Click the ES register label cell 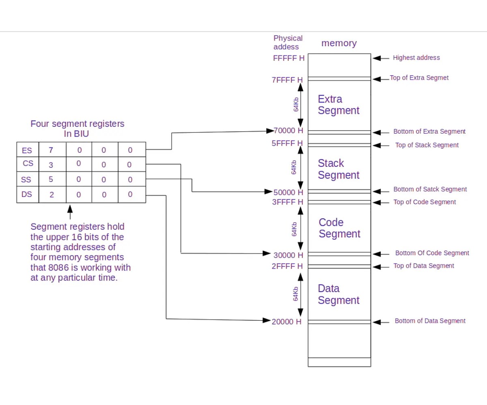[x=27, y=150]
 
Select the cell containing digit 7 [x=51, y=150]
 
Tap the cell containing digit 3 [x=51, y=165]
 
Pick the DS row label [x=27, y=194]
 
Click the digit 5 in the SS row [x=51, y=179]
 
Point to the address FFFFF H [x=289, y=58]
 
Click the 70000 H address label [x=289, y=131]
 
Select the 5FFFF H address [x=288, y=143]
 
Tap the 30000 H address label [x=289, y=255]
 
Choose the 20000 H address [x=287, y=322]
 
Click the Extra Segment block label [x=338, y=104]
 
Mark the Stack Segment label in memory [x=338, y=169]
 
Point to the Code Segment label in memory [x=339, y=228]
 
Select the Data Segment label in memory [x=338, y=294]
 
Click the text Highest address [x=416, y=58]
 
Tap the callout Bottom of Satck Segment [x=430, y=189]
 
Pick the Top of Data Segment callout [x=424, y=266]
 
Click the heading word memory [x=339, y=43]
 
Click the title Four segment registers [x=78, y=124]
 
